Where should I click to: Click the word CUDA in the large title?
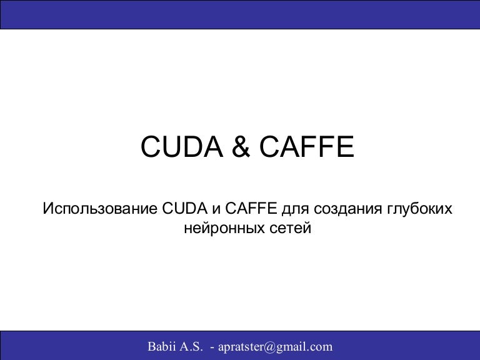tap(178, 147)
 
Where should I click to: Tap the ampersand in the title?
tap(238, 147)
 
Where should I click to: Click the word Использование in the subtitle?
tap(99, 208)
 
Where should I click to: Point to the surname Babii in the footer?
tap(161, 346)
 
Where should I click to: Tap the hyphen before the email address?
tap(212, 347)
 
